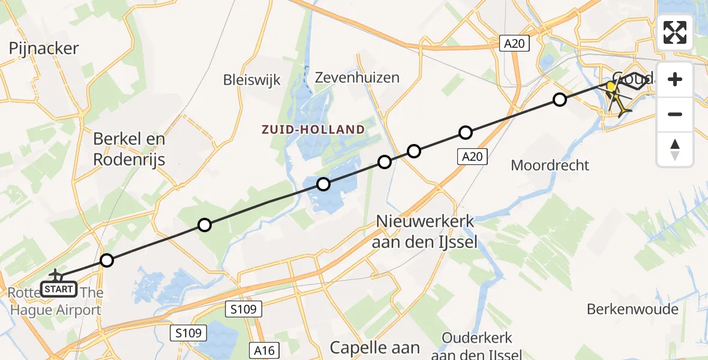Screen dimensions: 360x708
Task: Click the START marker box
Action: (x=59, y=290)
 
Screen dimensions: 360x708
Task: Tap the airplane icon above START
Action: (x=56, y=275)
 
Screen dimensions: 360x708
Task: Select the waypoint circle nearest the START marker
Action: (x=106, y=260)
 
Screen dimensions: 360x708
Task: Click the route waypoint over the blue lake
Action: (x=323, y=184)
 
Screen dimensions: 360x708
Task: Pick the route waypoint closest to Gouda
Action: (x=559, y=100)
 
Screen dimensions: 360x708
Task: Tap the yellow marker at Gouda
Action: (x=611, y=87)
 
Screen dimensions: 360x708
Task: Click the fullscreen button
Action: (x=675, y=32)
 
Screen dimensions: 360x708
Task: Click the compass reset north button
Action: (x=675, y=149)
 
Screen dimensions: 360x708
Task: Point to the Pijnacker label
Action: (x=44, y=49)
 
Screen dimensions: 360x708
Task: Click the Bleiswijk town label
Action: (x=251, y=80)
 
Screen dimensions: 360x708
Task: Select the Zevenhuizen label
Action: (x=358, y=77)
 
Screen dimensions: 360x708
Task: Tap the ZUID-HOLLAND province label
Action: (x=312, y=130)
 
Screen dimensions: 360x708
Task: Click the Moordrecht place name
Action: (x=550, y=165)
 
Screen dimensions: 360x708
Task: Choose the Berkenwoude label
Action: (x=632, y=309)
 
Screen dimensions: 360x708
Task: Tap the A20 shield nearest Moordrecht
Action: (x=472, y=157)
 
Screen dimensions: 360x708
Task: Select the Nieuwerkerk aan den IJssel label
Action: (x=424, y=232)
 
